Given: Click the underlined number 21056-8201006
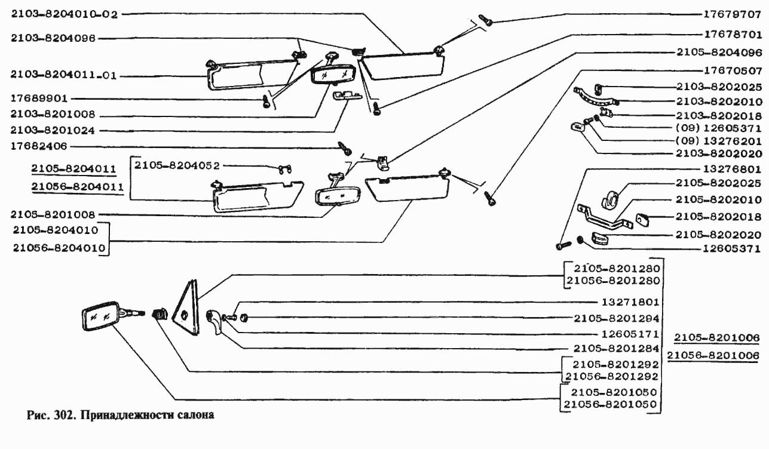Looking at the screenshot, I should pyautogui.click(x=713, y=356).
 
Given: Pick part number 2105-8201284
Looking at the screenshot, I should pyautogui.click(x=615, y=348).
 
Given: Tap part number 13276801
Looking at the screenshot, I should pyautogui.click(x=732, y=169).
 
